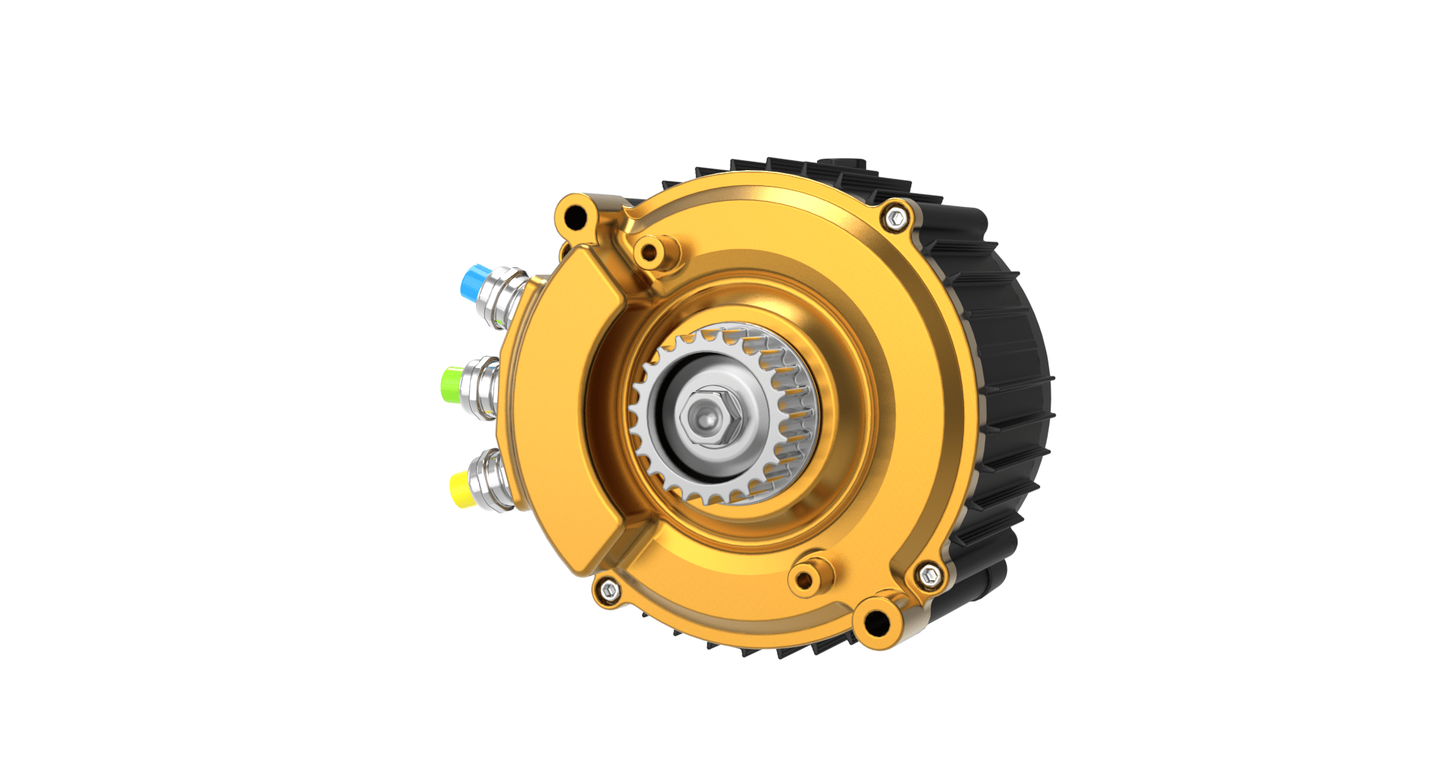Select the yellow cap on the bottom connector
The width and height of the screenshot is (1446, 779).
tap(460, 488)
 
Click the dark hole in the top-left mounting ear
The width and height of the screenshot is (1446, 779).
tap(575, 218)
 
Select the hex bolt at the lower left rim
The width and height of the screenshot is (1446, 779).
tap(609, 591)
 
